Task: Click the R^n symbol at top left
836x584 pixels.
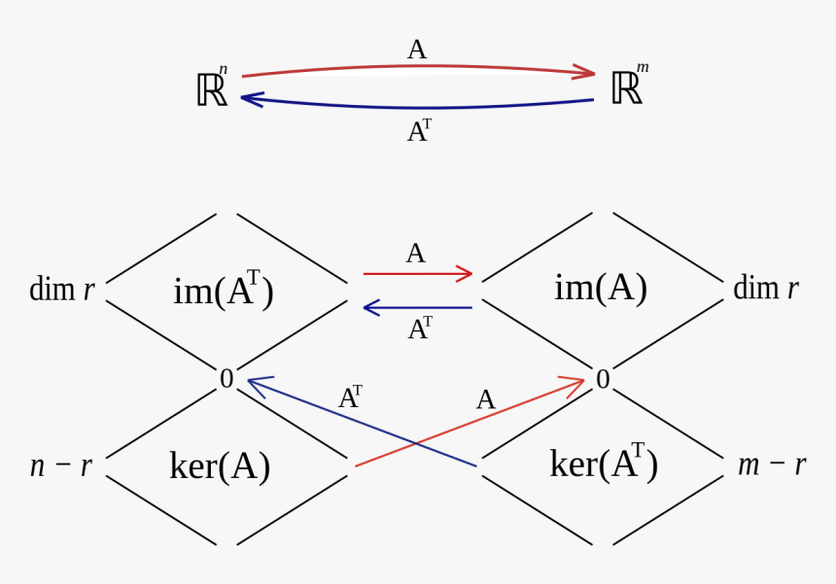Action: point(212,88)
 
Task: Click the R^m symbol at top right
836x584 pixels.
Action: point(627,87)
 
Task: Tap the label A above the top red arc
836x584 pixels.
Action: point(416,50)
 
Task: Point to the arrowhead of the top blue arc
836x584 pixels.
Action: point(250,98)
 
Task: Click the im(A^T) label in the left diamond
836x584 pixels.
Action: point(224,290)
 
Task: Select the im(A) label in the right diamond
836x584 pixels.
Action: point(601,288)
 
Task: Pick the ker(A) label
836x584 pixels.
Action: point(220,466)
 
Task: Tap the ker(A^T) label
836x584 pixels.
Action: point(604,463)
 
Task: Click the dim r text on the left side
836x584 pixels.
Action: point(62,289)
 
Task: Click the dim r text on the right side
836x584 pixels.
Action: point(765,288)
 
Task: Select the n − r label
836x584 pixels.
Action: point(61,466)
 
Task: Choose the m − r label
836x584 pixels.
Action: point(772,464)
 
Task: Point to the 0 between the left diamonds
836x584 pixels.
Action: point(226,379)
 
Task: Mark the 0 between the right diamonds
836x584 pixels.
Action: point(603,380)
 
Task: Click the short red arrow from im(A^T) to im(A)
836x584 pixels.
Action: point(418,274)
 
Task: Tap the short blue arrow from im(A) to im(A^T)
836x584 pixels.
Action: point(418,308)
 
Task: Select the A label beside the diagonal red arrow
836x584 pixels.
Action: point(485,399)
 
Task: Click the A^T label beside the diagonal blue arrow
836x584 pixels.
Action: point(350,397)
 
